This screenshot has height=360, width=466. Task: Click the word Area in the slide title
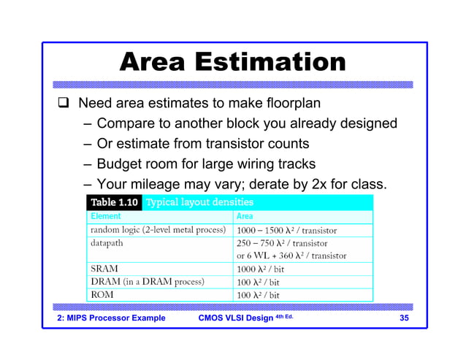(156, 62)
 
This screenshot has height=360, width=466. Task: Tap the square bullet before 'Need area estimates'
(63, 103)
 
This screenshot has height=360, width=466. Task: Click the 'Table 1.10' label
(113, 202)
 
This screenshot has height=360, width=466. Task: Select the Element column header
(106, 216)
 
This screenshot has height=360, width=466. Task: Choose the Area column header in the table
(245, 216)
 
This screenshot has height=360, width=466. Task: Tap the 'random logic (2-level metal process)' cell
(157, 230)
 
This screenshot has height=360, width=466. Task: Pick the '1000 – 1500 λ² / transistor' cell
(286, 230)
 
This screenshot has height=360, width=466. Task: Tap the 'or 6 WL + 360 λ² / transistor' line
(291, 256)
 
